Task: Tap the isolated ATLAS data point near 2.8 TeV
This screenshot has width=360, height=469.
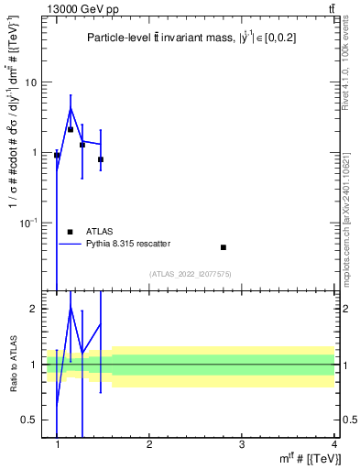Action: click(x=224, y=247)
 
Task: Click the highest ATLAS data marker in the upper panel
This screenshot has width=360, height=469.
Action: click(x=71, y=129)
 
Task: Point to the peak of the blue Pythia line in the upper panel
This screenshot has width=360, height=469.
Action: click(x=71, y=109)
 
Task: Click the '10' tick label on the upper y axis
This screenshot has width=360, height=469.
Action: click(x=30, y=82)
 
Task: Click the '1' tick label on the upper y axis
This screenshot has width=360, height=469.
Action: click(x=34, y=153)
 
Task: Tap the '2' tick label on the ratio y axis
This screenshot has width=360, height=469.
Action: click(x=34, y=309)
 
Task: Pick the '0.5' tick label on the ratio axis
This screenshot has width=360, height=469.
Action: click(x=29, y=420)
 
